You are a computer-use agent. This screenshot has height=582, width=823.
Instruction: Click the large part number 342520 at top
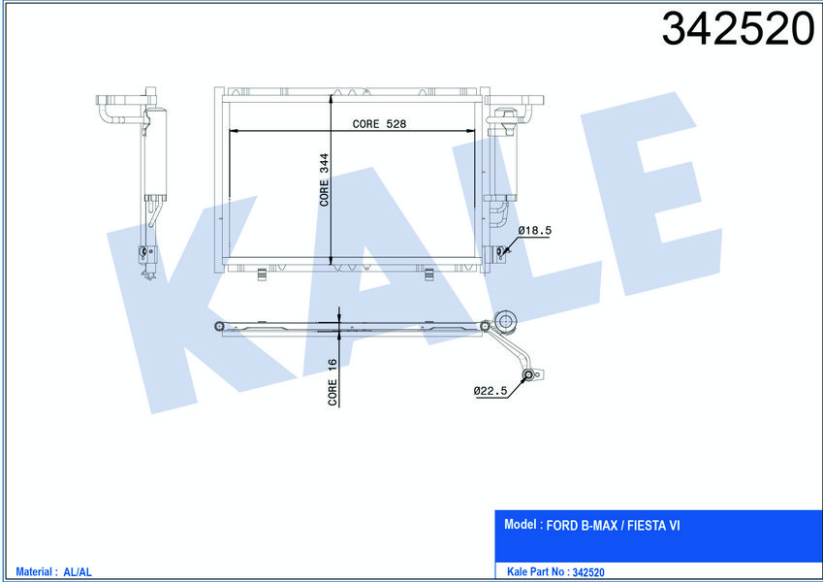click(x=737, y=30)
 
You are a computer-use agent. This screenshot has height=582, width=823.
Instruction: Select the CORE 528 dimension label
click(x=379, y=123)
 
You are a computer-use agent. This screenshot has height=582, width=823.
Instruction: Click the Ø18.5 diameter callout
click(x=534, y=230)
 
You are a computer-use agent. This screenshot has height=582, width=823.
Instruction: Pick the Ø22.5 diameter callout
click(x=491, y=391)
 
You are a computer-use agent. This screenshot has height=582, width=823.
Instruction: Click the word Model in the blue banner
click(x=522, y=525)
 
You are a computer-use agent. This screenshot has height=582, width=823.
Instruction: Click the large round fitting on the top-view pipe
click(x=505, y=322)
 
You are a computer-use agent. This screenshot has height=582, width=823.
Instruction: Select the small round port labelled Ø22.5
click(x=528, y=375)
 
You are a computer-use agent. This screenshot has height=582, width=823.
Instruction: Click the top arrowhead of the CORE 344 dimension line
click(x=332, y=135)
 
